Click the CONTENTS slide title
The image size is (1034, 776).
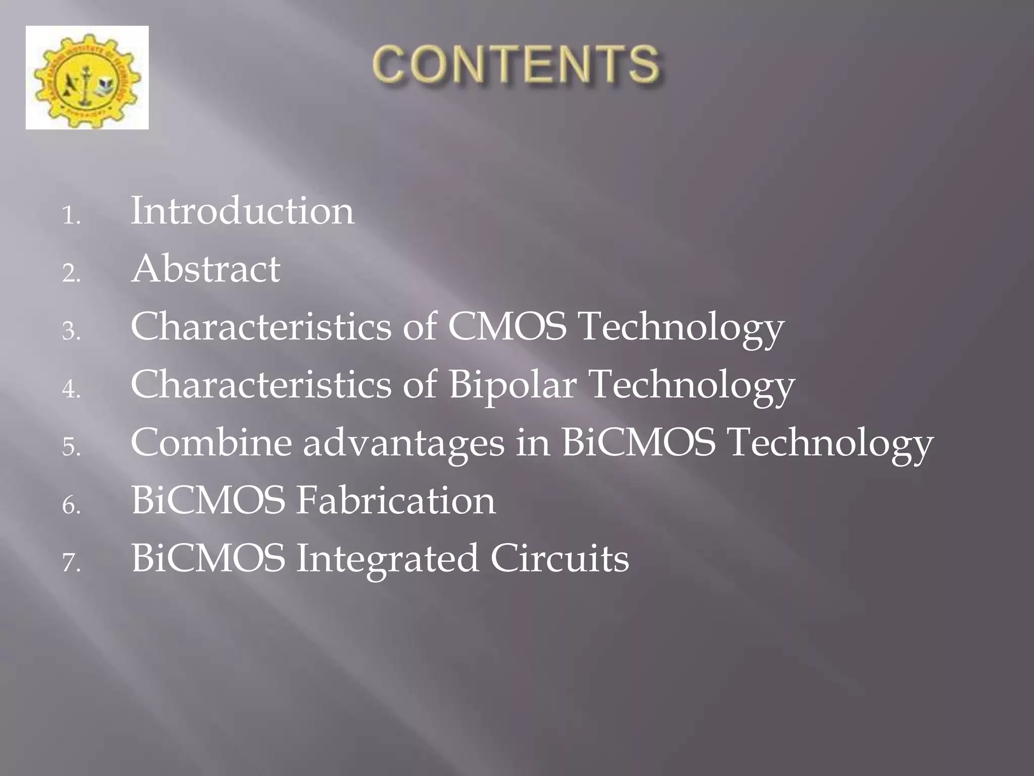point(516,64)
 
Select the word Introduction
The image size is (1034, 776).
point(242,211)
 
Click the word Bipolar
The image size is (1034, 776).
point(512,385)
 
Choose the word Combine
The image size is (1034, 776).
point(211,443)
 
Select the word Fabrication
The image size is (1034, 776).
point(395,501)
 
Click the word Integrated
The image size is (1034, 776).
point(387,559)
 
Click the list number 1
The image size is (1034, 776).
point(71,216)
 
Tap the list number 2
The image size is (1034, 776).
point(71,274)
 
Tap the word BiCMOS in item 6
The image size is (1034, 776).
point(208,501)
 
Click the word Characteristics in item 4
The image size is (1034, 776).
point(261,384)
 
